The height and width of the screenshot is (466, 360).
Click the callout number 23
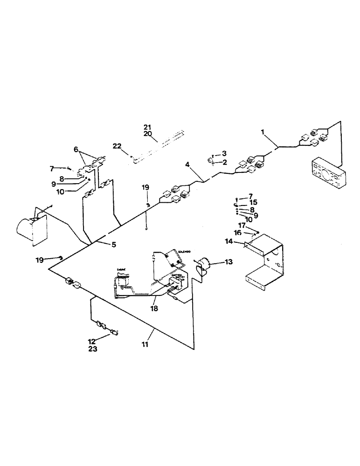(x=92, y=349)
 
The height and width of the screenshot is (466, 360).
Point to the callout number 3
(x=224, y=153)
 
